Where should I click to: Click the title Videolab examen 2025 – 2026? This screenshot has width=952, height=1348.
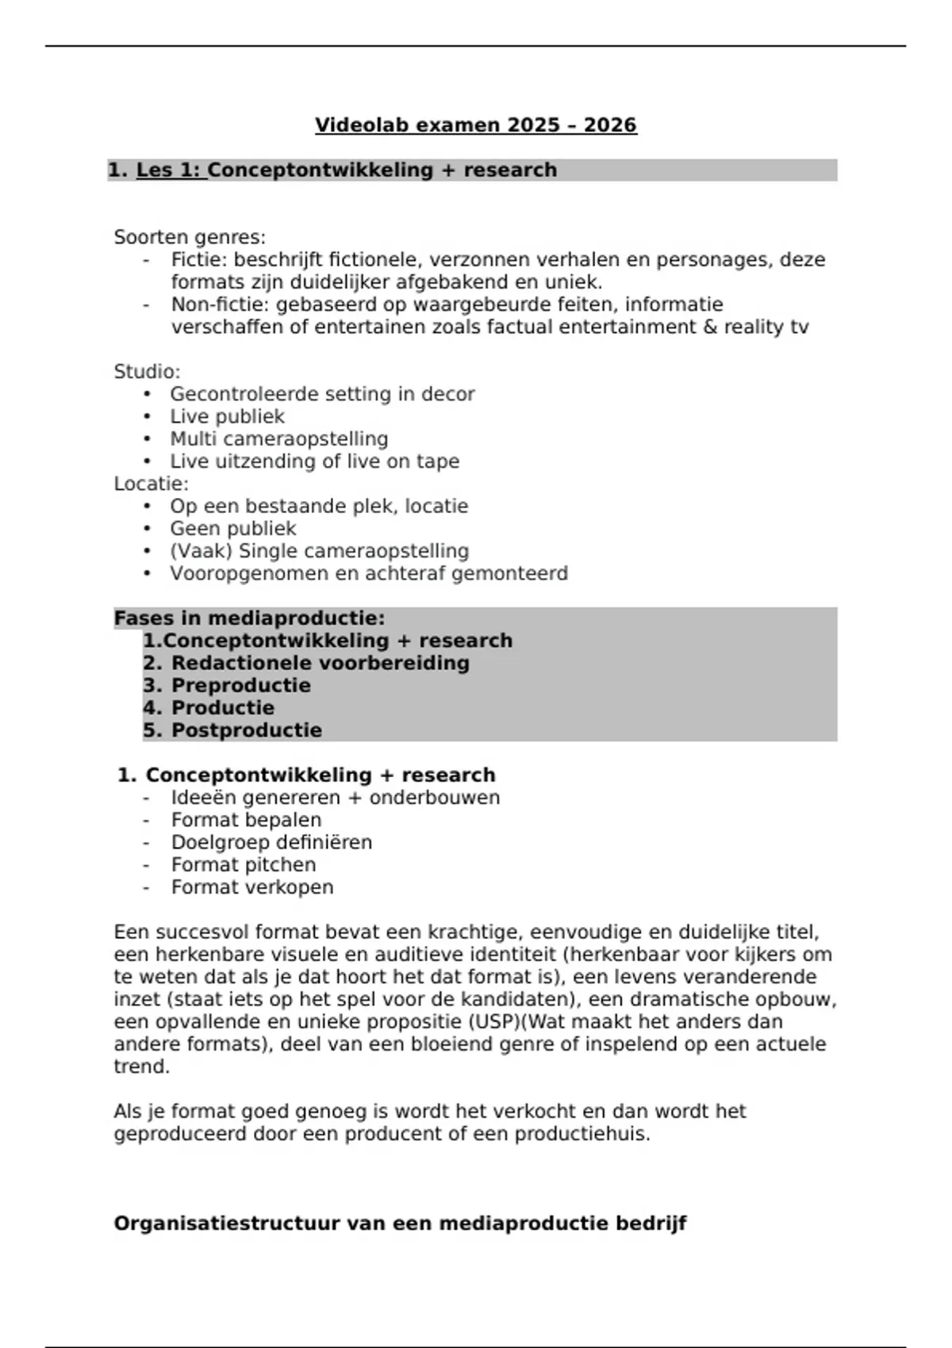tap(475, 125)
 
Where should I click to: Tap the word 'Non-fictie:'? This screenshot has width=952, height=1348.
tap(221, 305)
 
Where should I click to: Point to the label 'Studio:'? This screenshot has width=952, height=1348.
tap(147, 372)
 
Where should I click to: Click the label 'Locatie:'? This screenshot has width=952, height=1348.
tap(151, 484)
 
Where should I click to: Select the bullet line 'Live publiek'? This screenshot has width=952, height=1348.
tap(227, 417)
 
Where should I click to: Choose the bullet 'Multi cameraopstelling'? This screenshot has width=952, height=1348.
tap(278, 439)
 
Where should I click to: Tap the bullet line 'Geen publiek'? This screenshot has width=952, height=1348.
tap(232, 529)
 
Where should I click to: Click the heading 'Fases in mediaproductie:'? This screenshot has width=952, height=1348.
tap(249, 618)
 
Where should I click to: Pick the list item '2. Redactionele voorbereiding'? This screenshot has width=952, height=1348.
tap(306, 664)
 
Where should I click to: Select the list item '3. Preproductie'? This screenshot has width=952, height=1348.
tap(227, 686)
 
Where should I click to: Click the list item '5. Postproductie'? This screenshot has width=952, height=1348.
tap(232, 730)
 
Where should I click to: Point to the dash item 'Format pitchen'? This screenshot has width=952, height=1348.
tap(243, 865)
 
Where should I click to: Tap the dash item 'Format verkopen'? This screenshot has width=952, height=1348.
tap(251, 887)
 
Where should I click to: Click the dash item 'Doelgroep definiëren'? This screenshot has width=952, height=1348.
tap(271, 843)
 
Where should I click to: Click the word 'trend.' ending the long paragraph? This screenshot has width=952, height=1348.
tap(142, 1067)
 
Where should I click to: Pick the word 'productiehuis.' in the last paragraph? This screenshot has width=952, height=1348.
tap(582, 1134)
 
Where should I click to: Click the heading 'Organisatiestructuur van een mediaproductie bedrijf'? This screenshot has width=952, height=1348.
tap(400, 1224)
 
